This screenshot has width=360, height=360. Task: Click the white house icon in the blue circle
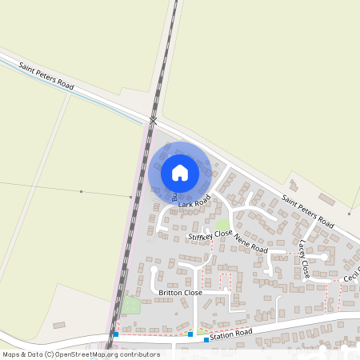point(179,172)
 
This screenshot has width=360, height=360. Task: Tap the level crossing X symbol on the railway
point(152,121)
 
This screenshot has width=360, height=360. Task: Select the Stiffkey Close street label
point(210,235)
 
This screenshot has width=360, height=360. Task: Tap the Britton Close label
point(180,293)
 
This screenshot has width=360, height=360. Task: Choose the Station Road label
point(231,334)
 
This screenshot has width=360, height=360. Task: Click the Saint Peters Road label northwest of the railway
point(47,74)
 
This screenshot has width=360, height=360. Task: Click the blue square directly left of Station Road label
point(206,339)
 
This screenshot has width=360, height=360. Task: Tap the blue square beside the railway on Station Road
point(116,334)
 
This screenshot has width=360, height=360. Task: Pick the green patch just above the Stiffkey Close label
point(222,224)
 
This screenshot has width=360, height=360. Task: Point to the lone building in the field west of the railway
point(58,326)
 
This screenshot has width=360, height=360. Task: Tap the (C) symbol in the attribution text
point(50,354)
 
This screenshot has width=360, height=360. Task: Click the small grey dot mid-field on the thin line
point(81,191)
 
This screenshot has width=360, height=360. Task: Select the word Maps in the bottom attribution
point(11,354)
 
